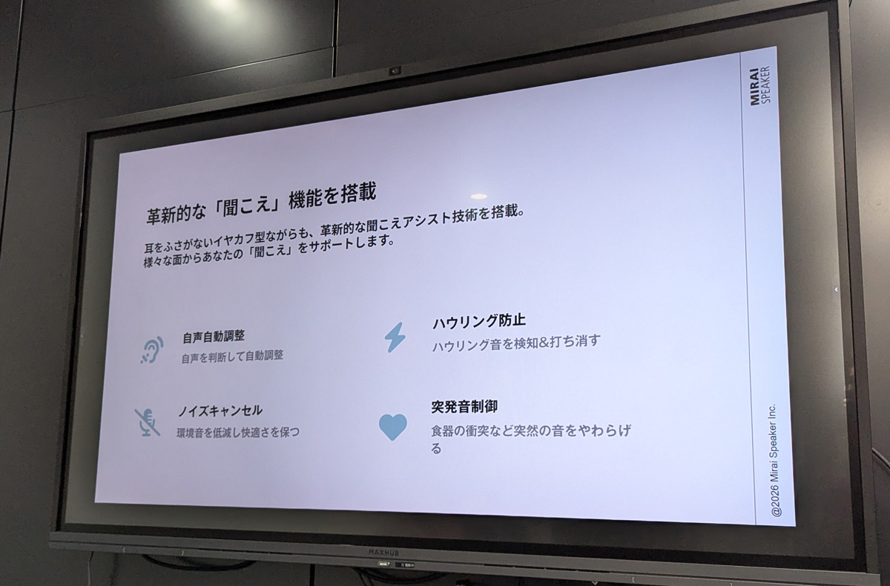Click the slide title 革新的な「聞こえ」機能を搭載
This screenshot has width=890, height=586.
(261, 204)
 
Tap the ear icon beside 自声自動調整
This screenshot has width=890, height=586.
(152, 350)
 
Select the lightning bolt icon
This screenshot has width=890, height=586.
(395, 338)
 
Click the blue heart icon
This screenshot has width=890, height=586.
(393, 427)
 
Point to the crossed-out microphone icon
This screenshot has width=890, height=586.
(148, 422)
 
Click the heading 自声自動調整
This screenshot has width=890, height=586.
(214, 337)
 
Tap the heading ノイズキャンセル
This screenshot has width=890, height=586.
(220, 411)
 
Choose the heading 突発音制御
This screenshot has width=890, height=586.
(464, 406)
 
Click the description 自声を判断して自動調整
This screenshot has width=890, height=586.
(232, 356)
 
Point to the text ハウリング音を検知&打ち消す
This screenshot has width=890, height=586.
(516, 343)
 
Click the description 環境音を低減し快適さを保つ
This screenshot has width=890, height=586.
(238, 432)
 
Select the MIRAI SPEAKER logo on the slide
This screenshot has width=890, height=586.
(759, 86)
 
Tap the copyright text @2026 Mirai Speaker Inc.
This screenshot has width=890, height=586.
(774, 460)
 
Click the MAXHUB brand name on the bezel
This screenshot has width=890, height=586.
(383, 553)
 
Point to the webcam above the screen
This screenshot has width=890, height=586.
(395, 71)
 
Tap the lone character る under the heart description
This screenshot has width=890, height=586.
(436, 449)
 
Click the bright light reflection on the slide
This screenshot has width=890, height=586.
(479, 197)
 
